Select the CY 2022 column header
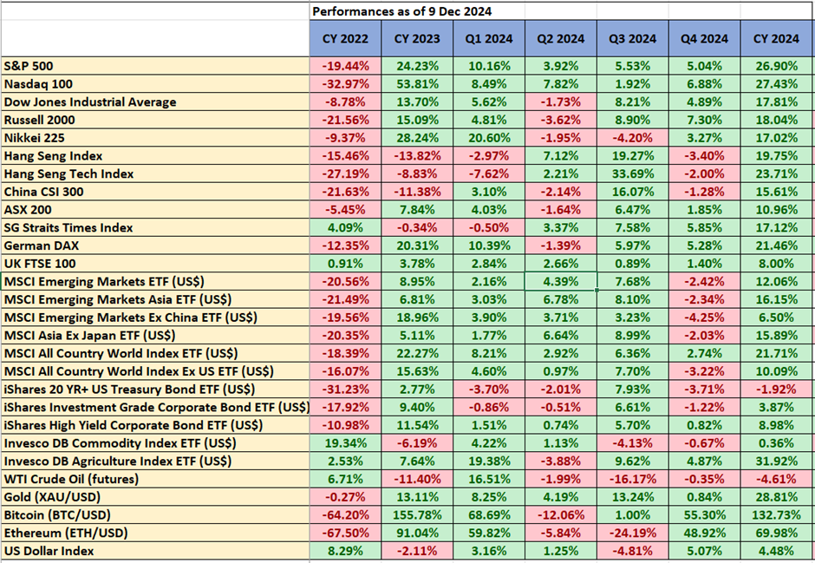[345, 39]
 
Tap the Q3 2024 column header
[632, 39]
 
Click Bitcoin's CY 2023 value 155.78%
[417, 514]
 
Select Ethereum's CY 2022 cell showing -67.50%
[345, 533]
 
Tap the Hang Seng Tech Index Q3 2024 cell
[632, 173]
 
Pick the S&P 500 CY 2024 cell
[777, 66]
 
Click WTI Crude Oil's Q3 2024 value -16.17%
[632, 479]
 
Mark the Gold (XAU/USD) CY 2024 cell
[777, 497]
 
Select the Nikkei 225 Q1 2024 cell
[489, 138]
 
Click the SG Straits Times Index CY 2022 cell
[345, 227]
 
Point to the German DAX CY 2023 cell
[417, 245]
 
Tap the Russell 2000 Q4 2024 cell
[704, 120]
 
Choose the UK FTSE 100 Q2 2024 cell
[560, 264]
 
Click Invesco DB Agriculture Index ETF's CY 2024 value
[777, 461]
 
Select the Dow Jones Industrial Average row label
[90, 101]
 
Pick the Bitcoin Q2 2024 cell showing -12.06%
[560, 514]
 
